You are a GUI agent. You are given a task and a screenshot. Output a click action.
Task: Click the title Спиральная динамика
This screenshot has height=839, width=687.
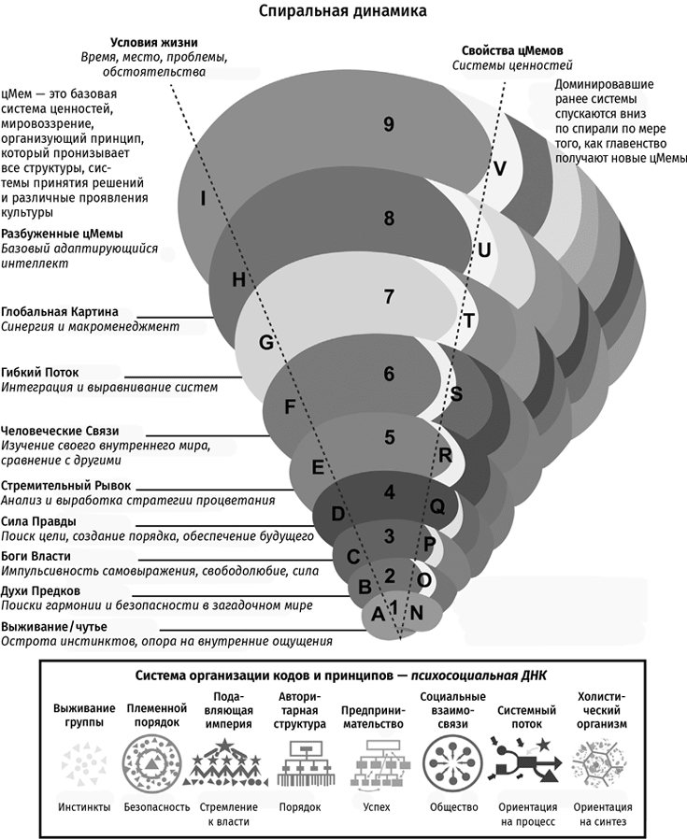click(343, 12)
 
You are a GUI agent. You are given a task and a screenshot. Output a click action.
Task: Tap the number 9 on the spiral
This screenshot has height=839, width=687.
click(388, 125)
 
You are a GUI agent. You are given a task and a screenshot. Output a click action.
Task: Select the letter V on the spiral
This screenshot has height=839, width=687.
click(500, 168)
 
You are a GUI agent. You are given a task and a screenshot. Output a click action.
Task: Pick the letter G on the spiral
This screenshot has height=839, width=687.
click(265, 343)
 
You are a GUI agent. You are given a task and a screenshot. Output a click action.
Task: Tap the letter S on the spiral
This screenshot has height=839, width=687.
click(456, 394)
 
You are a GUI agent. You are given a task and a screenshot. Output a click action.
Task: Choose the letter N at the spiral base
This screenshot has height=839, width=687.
click(417, 613)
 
